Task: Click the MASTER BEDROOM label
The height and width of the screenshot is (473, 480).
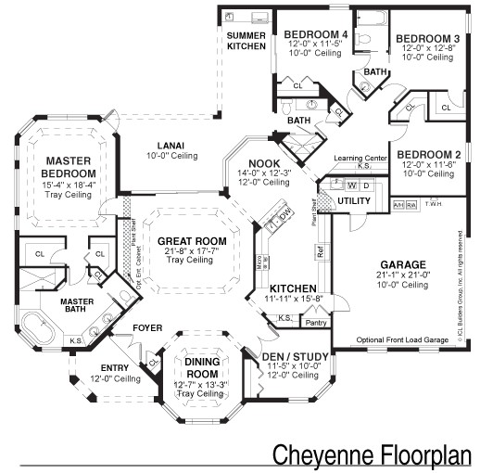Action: (x=69, y=168)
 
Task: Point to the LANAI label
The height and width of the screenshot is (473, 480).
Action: (x=170, y=145)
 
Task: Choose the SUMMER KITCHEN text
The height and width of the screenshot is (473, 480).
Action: (x=246, y=40)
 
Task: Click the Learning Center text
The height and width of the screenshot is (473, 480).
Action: (x=360, y=160)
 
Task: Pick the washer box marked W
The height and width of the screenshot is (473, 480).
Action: (x=352, y=185)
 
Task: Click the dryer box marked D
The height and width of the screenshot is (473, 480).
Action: (x=366, y=185)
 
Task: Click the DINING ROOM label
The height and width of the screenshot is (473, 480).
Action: (x=199, y=367)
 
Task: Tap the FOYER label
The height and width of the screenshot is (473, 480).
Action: (x=147, y=327)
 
